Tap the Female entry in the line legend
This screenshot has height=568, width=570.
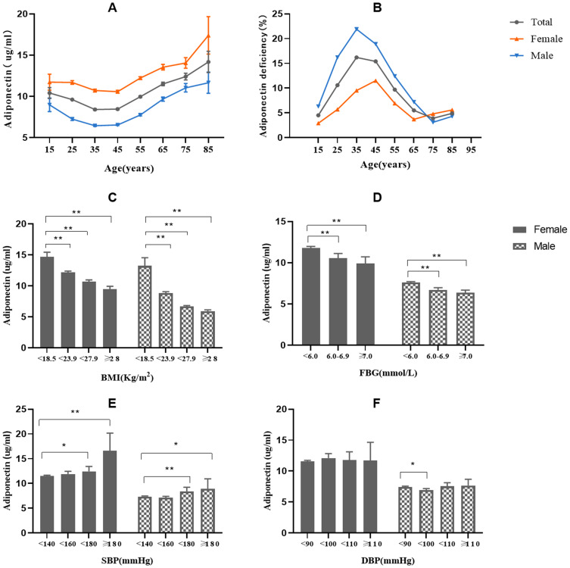527,39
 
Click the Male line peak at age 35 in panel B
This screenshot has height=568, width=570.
356,30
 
